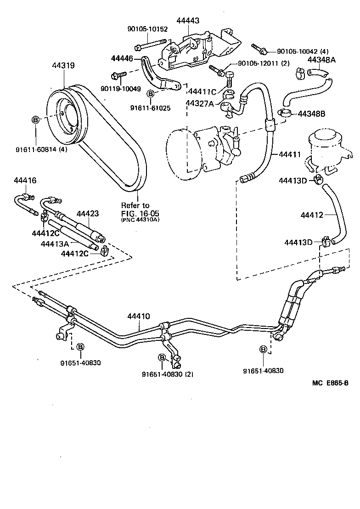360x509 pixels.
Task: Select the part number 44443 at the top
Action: coord(188,20)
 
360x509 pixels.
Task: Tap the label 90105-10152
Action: coord(147,29)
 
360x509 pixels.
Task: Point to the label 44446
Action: coord(122,59)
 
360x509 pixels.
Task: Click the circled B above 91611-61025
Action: coord(150,94)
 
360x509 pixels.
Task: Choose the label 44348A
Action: coord(321,60)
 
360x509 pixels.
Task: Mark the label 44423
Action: coord(87,214)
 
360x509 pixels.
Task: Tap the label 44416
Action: coord(25,180)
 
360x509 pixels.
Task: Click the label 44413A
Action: coord(56,244)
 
